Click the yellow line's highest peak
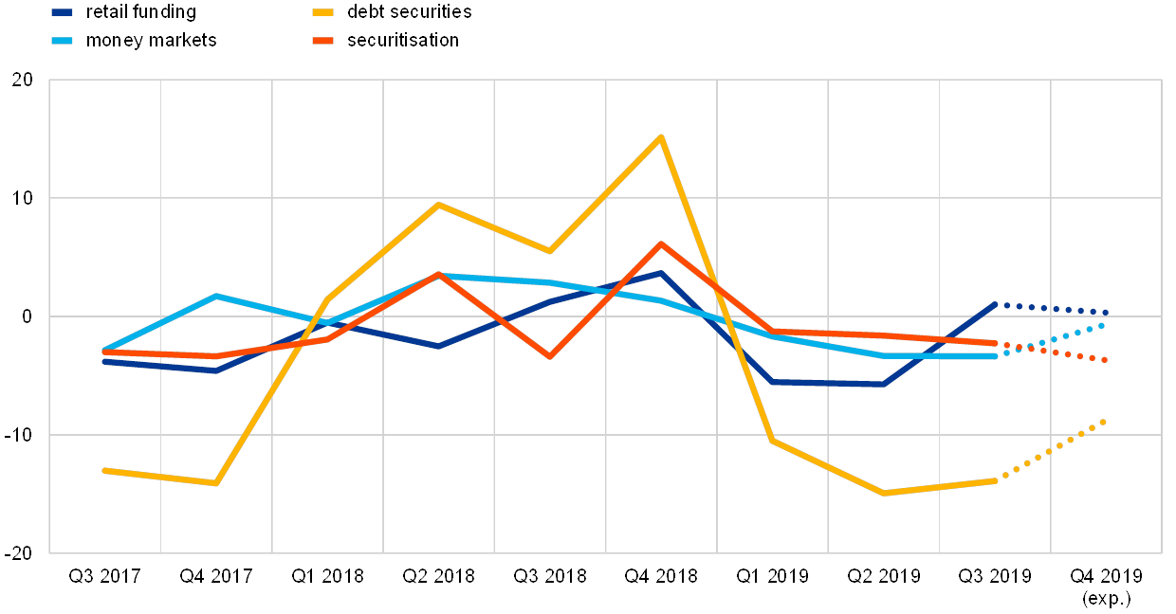pyautogui.click(x=661, y=137)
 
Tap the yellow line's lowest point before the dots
pyautogui.click(x=884, y=493)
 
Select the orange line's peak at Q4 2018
pyautogui.click(x=661, y=244)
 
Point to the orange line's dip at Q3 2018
pyautogui.click(x=549, y=356)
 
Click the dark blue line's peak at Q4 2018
pyautogui.click(x=661, y=273)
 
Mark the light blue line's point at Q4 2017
pyautogui.click(x=216, y=296)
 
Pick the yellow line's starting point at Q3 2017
pyautogui.click(x=104, y=470)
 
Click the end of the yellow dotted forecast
pyautogui.click(x=1104, y=421)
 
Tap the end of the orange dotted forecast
pyautogui.click(x=1105, y=360)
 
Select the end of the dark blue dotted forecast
pyautogui.click(x=1105, y=312)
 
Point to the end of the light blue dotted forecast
pyautogui.click(x=1102, y=325)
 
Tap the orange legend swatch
pyautogui.click(x=324, y=41)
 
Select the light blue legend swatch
pyautogui.click(x=63, y=41)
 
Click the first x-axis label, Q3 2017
pyautogui.click(x=104, y=576)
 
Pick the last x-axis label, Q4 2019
pyautogui.click(x=1106, y=576)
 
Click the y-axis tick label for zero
pyautogui.click(x=27, y=316)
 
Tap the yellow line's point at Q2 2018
pyautogui.click(x=438, y=204)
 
